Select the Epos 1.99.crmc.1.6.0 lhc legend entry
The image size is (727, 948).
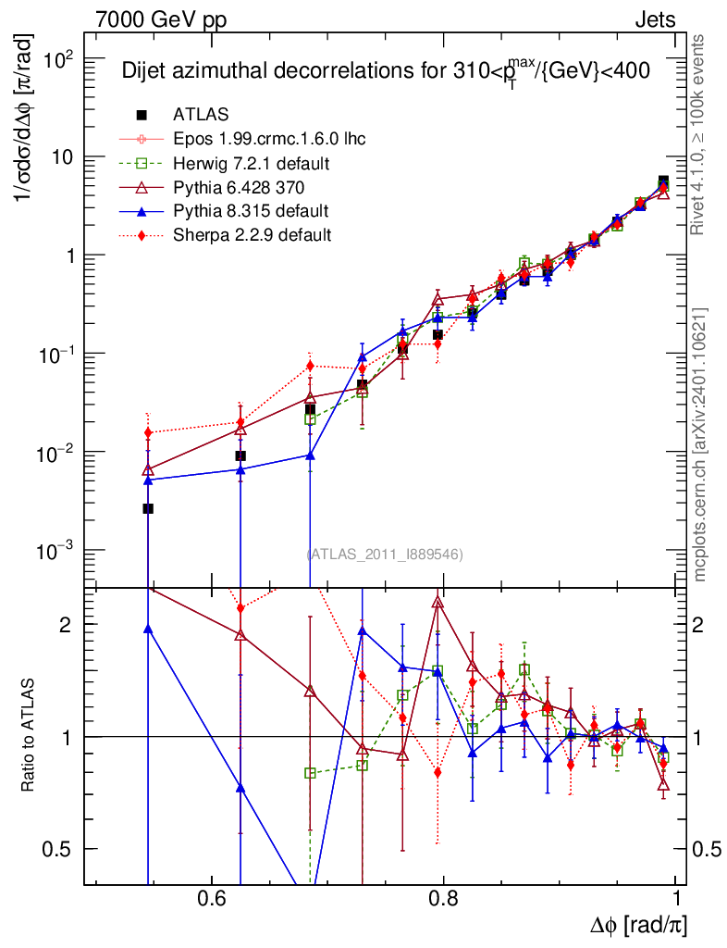pos(269,139)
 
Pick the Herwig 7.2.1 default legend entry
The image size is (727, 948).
pos(253,163)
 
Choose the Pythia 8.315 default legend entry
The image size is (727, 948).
pos(251,211)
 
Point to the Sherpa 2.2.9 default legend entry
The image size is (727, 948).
pos(252,235)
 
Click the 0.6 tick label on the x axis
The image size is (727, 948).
pos(212,900)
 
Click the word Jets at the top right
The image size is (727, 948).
pos(654,19)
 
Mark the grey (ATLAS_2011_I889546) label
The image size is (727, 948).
pos(385,554)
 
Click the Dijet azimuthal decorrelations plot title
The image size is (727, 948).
pos(386,70)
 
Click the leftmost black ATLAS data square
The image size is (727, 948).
pos(148,508)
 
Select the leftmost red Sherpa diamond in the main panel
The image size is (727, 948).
pos(148,432)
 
